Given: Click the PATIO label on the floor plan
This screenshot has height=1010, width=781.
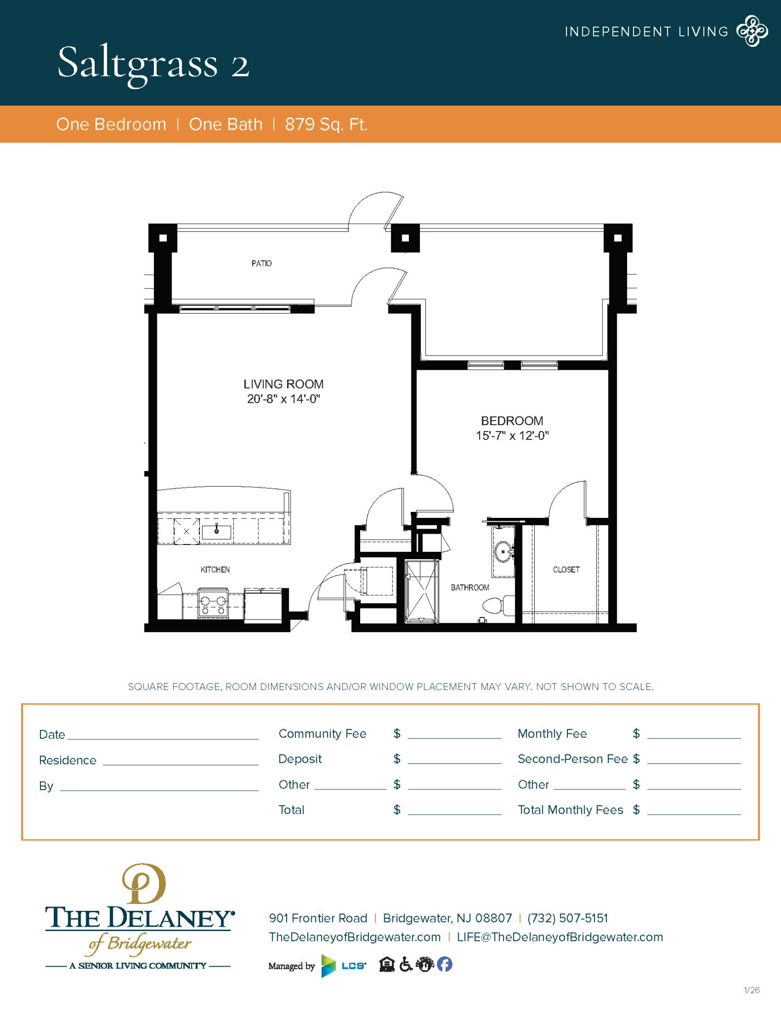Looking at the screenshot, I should pos(261,263).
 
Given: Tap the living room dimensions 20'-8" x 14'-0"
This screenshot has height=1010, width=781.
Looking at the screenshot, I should pos(284,399).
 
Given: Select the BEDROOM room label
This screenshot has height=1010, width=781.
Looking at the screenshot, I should pos(512,421).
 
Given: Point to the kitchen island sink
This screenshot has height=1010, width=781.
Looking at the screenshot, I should pos(217,531).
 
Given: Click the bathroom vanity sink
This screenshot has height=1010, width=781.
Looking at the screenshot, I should pos(503,551).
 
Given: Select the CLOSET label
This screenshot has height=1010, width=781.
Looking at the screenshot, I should pos(566,570).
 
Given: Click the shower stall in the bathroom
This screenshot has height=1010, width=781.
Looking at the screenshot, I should pos(421,591).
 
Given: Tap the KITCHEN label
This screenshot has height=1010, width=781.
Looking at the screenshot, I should pos(215,570).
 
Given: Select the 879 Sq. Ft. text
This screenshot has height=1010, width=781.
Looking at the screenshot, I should pos(326,124).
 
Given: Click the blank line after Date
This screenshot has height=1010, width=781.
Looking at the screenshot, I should pos(163,735).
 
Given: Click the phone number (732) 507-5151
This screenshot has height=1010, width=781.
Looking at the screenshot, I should pos(567,918).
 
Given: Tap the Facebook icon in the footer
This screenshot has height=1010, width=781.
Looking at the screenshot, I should pos(445,964).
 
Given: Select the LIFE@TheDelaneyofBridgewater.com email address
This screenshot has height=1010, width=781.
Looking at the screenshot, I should pos(559,938).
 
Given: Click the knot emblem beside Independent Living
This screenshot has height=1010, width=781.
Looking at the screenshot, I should pos(752,31).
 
